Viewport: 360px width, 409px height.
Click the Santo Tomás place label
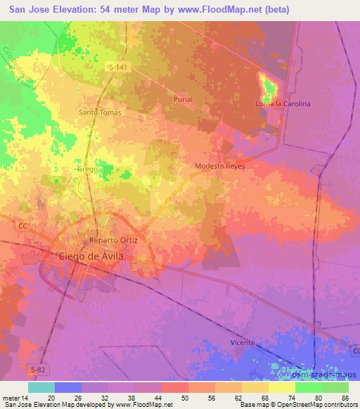tap(100, 112)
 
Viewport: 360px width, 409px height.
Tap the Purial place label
tap(182, 100)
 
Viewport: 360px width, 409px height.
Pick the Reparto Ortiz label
tap(114, 240)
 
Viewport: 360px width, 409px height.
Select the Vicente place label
tap(243, 342)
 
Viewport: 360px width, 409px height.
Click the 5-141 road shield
tap(118, 66)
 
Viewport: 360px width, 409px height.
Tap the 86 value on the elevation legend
tap(345, 397)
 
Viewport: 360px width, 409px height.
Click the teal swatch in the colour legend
tap(41, 387)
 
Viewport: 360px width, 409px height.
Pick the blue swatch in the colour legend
tap(68, 387)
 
